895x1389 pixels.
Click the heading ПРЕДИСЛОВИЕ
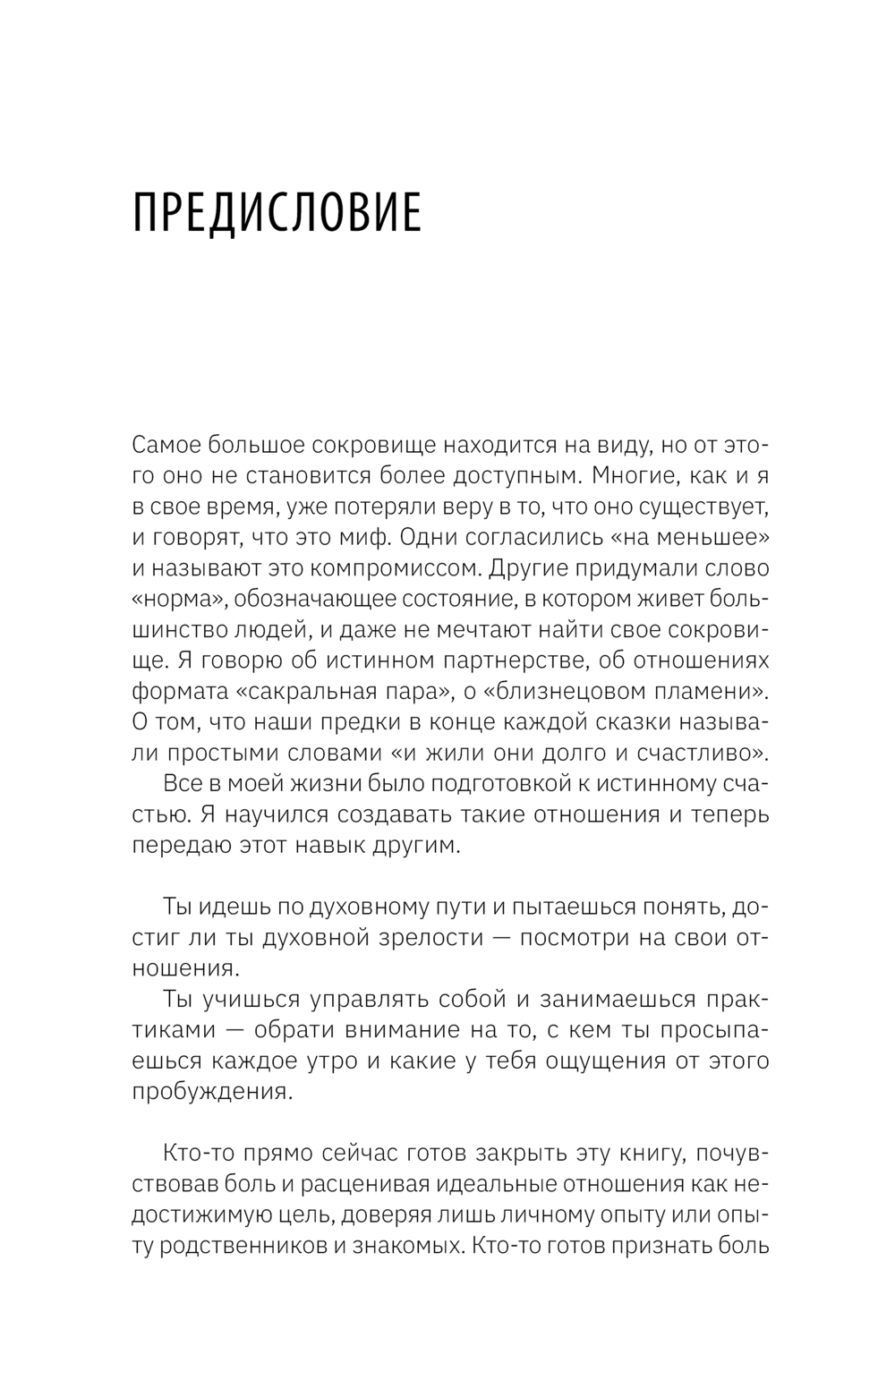tap(277, 213)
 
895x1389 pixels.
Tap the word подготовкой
tap(501, 784)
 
